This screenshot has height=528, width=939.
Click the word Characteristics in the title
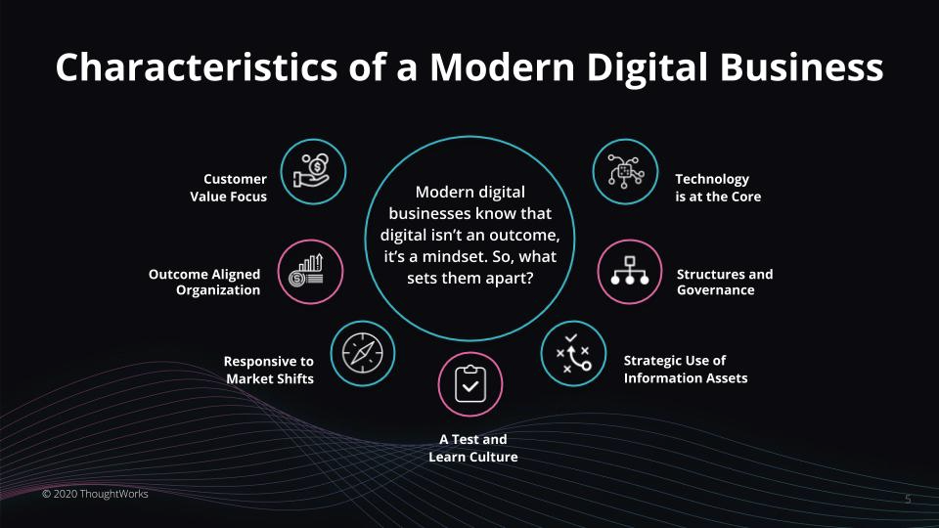pos(197,66)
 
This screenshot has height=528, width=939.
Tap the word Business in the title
pos(801,66)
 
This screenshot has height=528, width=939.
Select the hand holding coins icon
pos(313,171)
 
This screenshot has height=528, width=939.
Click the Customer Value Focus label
pos(228,188)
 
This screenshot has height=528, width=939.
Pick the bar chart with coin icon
pos(306,271)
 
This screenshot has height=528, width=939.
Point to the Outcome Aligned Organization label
pos(204,282)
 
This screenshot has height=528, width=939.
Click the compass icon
pos(362,353)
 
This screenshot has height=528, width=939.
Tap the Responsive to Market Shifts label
pos(269,370)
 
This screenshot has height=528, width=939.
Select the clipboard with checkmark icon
pos(470,383)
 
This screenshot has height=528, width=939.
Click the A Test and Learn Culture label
pos(473,448)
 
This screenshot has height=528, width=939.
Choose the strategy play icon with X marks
pos(573,353)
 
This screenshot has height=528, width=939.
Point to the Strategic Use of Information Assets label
pos(686,370)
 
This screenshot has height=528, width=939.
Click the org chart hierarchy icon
pos(629,271)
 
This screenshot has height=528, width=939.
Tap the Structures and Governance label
pos(725,282)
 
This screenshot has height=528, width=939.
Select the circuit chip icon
pos(625,171)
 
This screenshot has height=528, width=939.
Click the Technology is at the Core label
pos(718,188)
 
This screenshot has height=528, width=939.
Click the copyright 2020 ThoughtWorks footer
pos(95,494)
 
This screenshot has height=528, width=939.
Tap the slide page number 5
pos(908,499)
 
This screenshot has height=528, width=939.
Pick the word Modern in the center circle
pos(442,193)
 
